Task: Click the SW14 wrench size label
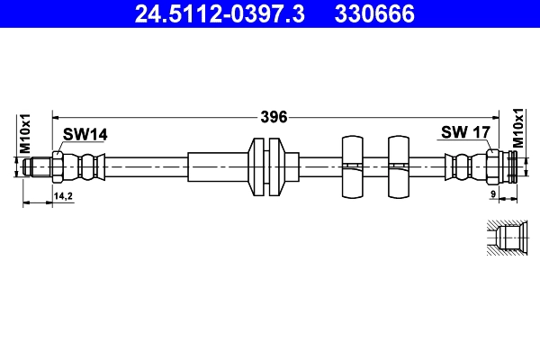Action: (x=85, y=134)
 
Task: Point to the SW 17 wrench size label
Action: (x=464, y=133)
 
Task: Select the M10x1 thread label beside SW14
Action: (x=26, y=133)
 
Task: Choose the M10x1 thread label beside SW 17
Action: (x=518, y=128)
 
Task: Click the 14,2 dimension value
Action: (x=64, y=194)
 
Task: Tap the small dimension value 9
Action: (x=493, y=194)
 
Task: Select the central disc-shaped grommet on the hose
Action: (x=265, y=166)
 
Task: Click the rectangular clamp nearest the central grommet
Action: (x=351, y=166)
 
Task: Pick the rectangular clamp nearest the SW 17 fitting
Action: (x=398, y=166)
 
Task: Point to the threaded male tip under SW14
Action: (x=38, y=166)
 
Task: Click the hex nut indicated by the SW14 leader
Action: (x=58, y=166)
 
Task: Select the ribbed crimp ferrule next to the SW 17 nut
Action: (x=462, y=166)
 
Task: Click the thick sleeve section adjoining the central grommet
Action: (x=217, y=166)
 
